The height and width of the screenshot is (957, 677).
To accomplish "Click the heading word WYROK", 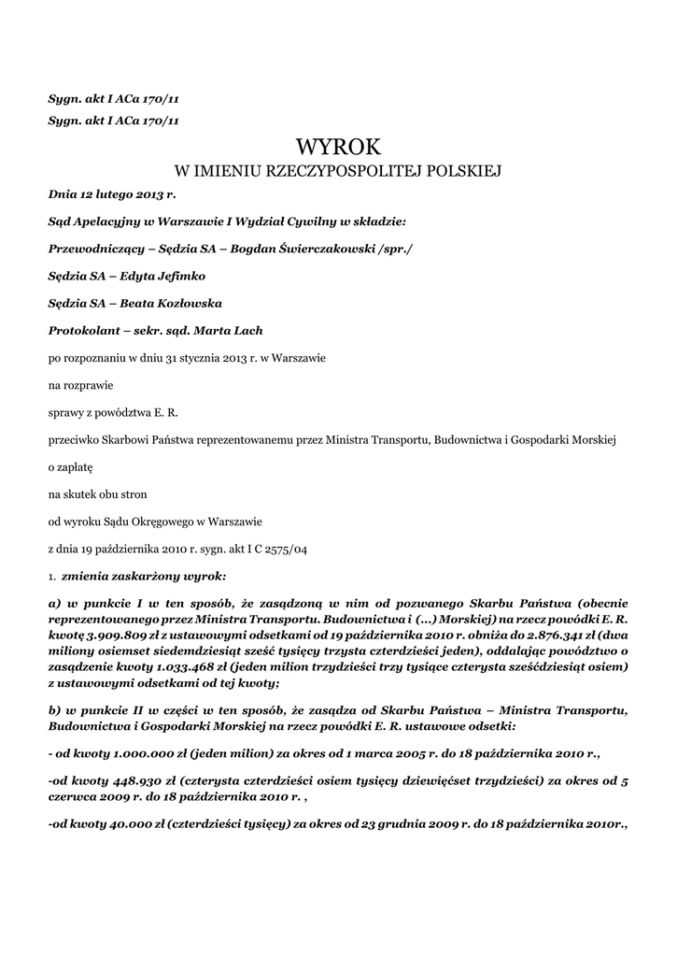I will [x=339, y=147].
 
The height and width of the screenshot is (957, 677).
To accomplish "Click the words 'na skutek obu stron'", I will [x=97, y=493].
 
